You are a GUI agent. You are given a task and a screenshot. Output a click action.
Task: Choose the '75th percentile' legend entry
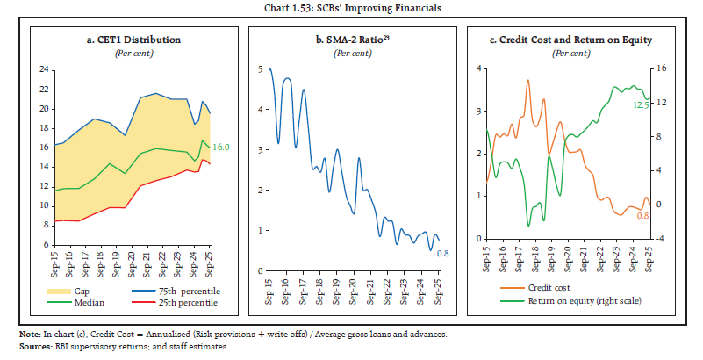click(x=176, y=289)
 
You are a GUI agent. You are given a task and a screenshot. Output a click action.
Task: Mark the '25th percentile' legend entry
click(x=176, y=303)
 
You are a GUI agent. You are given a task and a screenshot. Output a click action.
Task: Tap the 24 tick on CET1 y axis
click(x=42, y=69)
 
